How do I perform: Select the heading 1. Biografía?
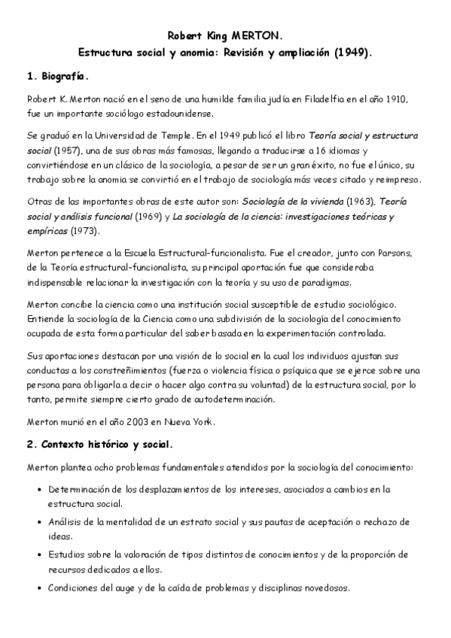pyautogui.click(x=57, y=76)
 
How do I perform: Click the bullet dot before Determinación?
pyautogui.click(x=38, y=489)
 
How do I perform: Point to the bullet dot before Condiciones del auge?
pyautogui.click(x=38, y=589)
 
